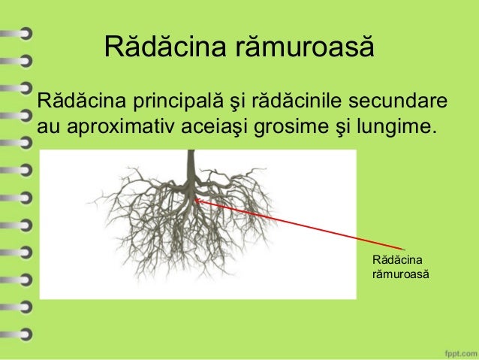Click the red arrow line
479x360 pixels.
(x=300, y=224)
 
